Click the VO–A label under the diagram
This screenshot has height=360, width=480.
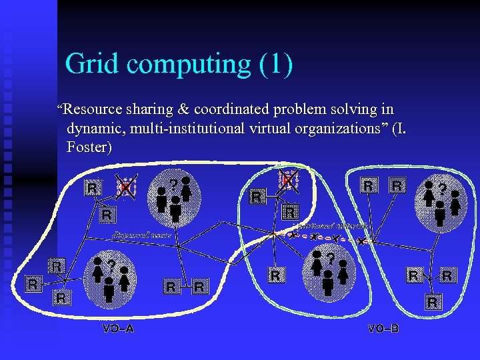[x=118, y=329]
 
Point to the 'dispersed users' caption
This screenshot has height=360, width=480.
[x=142, y=235]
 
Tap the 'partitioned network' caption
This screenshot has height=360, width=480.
[x=323, y=227]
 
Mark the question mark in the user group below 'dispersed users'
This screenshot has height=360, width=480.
[x=111, y=265]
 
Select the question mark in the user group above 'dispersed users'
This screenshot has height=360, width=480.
[x=173, y=183]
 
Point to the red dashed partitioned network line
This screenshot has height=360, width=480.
[x=327, y=238]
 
